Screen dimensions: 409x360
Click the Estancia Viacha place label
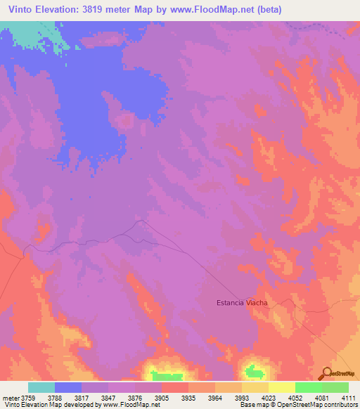pyautogui.click(x=242, y=303)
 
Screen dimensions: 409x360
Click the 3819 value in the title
pyautogui.click(x=101, y=9)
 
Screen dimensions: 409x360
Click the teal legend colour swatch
pyautogui.click(x=41, y=387)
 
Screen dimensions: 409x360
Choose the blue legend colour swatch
pyautogui.click(x=68, y=387)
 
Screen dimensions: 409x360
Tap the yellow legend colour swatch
pyautogui.click(x=281, y=387)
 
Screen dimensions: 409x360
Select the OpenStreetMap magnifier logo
pyautogui.click(x=326, y=374)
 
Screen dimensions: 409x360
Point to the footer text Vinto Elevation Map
pyautogui.click(x=32, y=405)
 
